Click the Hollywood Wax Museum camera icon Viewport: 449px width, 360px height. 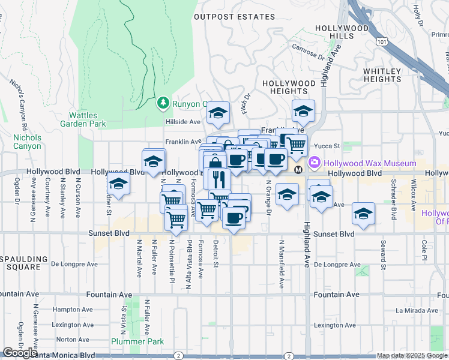(314, 163)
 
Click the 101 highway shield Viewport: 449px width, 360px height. (382, 42)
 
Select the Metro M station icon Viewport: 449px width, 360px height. (298, 170)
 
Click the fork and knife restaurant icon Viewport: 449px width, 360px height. (218, 178)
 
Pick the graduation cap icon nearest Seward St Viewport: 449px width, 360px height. (363, 213)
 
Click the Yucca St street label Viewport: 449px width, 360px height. (328, 146)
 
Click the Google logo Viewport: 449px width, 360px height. (19, 353)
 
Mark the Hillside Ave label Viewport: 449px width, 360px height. (182, 122)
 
